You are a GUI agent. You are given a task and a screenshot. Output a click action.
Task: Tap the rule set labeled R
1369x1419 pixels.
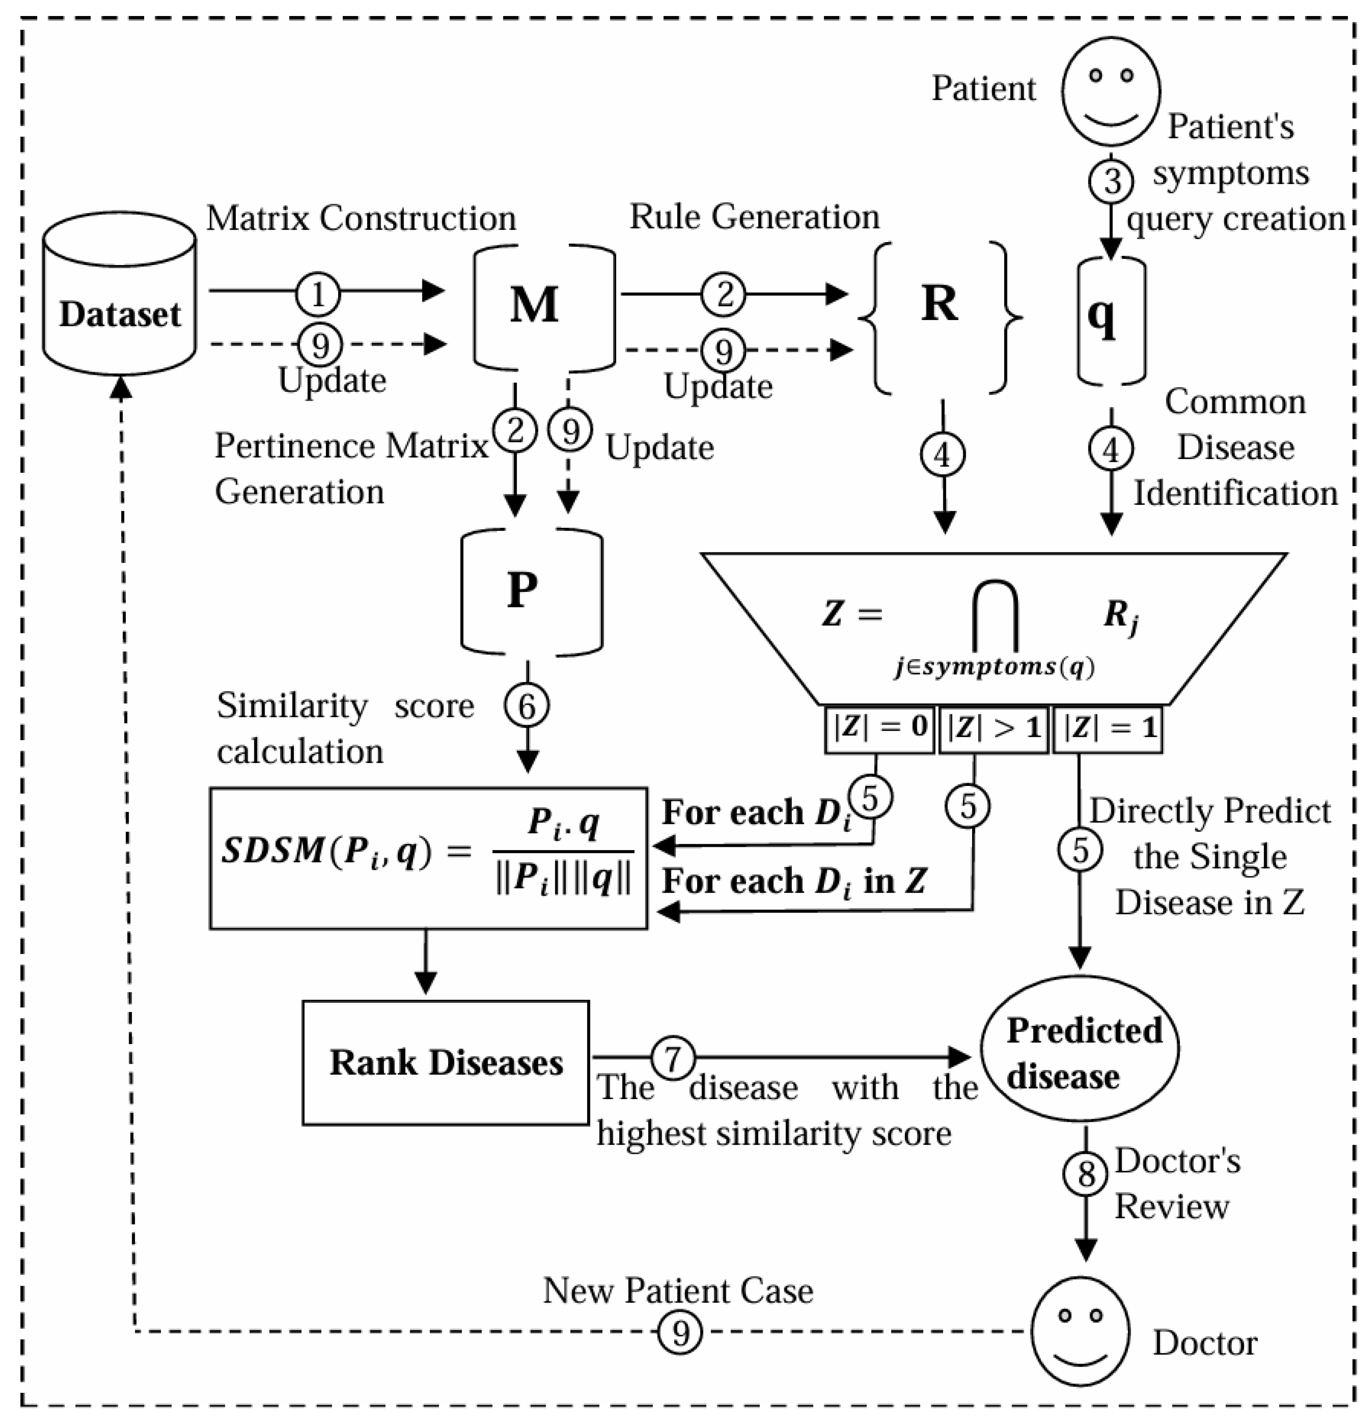[939, 304]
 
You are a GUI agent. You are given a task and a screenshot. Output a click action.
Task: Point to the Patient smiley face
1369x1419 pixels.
[1111, 91]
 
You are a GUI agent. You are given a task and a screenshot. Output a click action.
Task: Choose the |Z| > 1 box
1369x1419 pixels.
[993, 728]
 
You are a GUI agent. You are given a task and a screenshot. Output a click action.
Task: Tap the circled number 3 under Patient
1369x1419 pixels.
[1111, 181]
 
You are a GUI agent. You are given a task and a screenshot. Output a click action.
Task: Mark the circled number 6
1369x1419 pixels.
[526, 706]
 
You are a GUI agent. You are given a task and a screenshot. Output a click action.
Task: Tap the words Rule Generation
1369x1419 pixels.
[754, 217]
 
